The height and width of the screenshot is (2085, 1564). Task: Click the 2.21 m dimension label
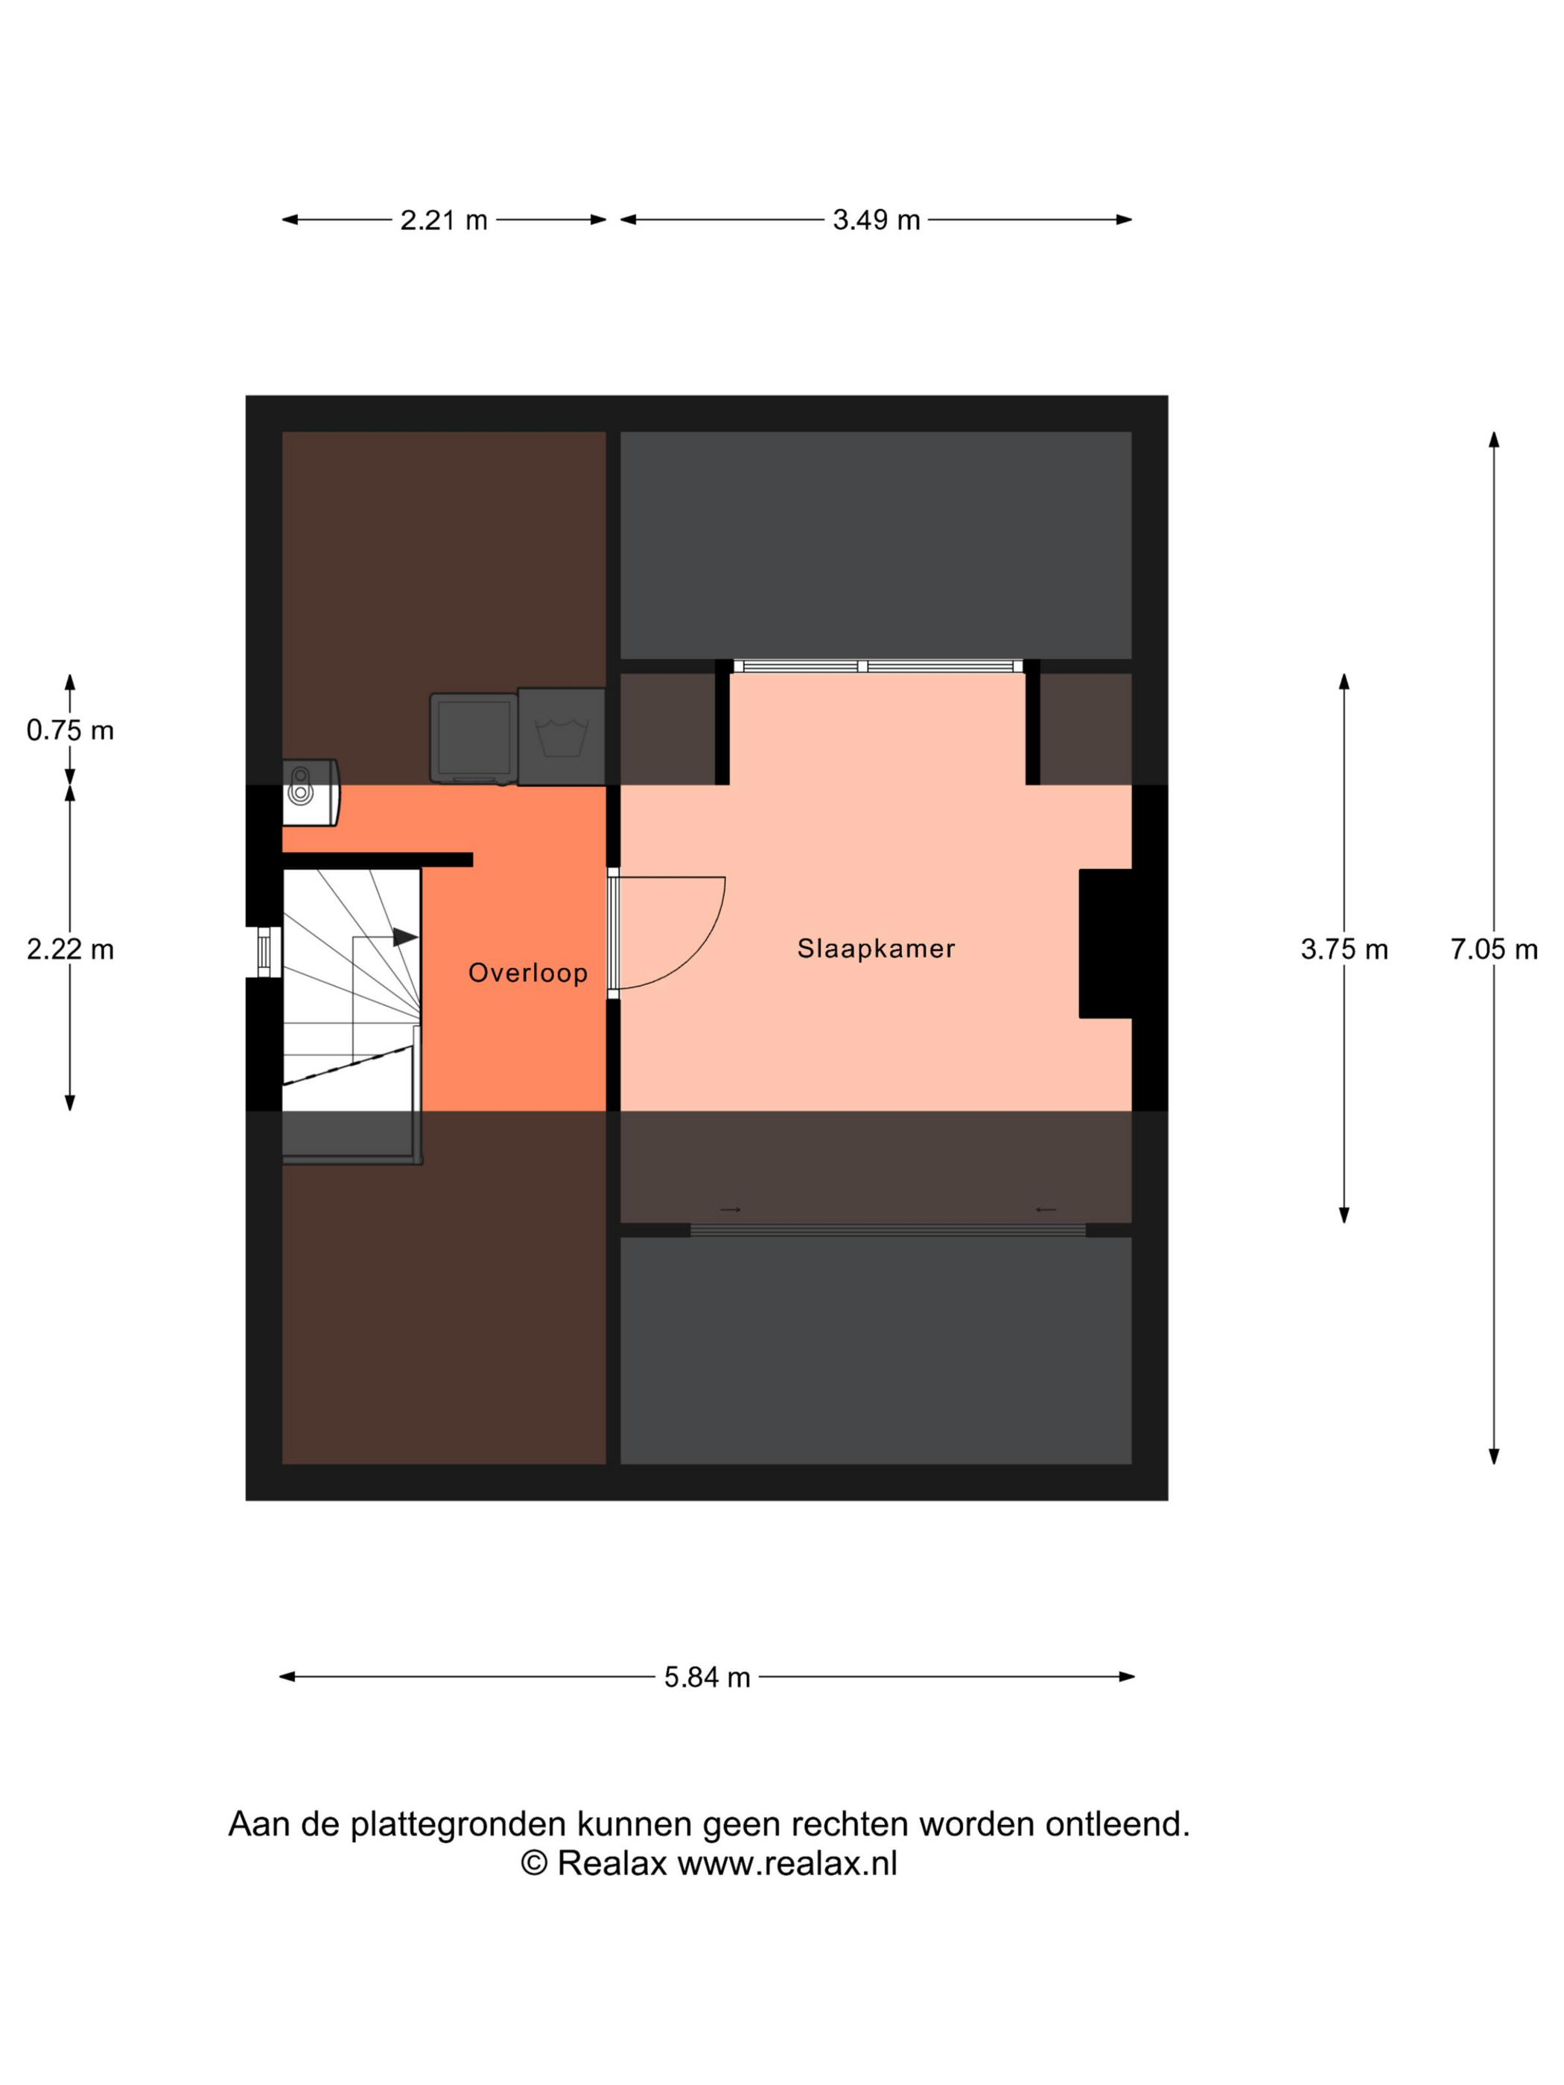pos(443,220)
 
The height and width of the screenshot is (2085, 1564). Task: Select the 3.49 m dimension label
pos(876,220)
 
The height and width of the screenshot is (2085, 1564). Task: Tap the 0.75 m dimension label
pos(70,730)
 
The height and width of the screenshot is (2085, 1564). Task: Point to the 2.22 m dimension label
pos(70,949)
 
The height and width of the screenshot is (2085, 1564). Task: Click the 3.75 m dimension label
pos(1344,949)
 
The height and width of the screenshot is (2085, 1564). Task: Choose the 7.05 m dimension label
pos(1493,949)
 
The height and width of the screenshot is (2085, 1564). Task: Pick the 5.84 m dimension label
pos(707,1677)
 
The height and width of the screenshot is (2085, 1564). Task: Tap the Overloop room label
pos(528,973)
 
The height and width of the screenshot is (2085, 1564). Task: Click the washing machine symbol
pos(561,736)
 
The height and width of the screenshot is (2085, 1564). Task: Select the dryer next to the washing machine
pos(473,738)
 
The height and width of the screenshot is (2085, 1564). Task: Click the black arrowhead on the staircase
pos(405,937)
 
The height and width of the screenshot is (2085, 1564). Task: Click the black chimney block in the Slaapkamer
pos(1105,943)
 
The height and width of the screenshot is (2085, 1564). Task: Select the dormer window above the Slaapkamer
pos(877,666)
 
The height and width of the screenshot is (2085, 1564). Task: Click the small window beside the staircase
pos(264,952)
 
